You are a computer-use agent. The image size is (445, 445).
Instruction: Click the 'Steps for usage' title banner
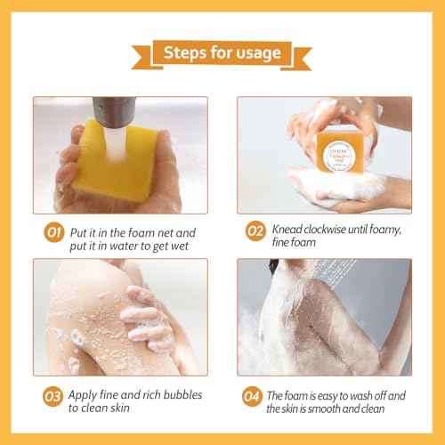tap(222, 53)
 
